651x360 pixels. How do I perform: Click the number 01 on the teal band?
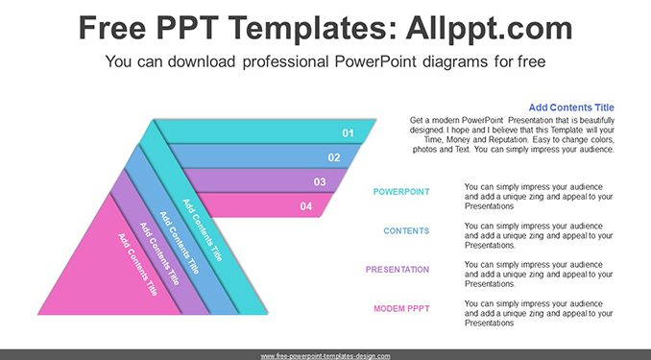tap(348, 133)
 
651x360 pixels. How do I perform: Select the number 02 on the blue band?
tap(334, 157)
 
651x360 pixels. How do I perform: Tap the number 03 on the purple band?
tap(320, 181)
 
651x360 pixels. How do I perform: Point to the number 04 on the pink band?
tap(306, 206)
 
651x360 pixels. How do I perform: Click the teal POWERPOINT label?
tap(401, 192)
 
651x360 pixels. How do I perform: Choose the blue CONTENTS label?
tap(406, 230)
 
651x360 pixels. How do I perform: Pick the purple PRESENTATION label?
tap(398, 270)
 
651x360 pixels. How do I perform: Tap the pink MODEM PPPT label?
tap(401, 308)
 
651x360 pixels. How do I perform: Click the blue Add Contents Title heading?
tap(571, 108)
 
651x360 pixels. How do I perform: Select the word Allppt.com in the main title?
tap(489, 28)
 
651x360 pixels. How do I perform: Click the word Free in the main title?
tap(112, 28)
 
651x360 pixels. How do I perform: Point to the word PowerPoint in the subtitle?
tap(374, 61)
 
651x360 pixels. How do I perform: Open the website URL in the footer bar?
tap(325, 356)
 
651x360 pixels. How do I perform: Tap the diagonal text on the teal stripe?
tap(203, 230)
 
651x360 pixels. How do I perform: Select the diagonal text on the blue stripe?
tap(180, 243)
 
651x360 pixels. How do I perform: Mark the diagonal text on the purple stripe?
tap(159, 253)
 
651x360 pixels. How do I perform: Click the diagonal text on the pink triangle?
tap(137, 265)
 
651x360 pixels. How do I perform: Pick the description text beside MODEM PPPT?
tap(539, 314)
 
